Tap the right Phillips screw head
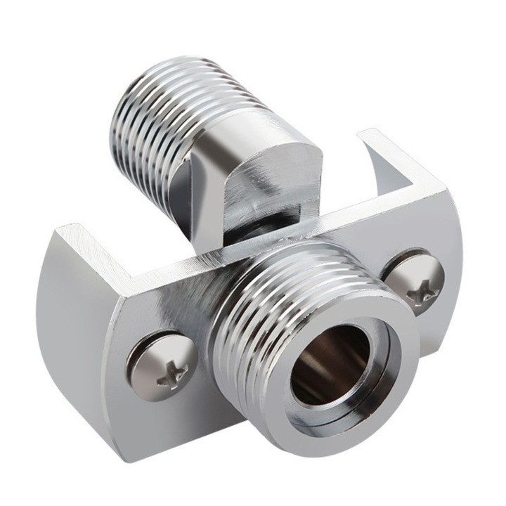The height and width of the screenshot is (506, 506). click(415, 282)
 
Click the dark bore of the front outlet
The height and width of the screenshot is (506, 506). click(330, 365)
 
